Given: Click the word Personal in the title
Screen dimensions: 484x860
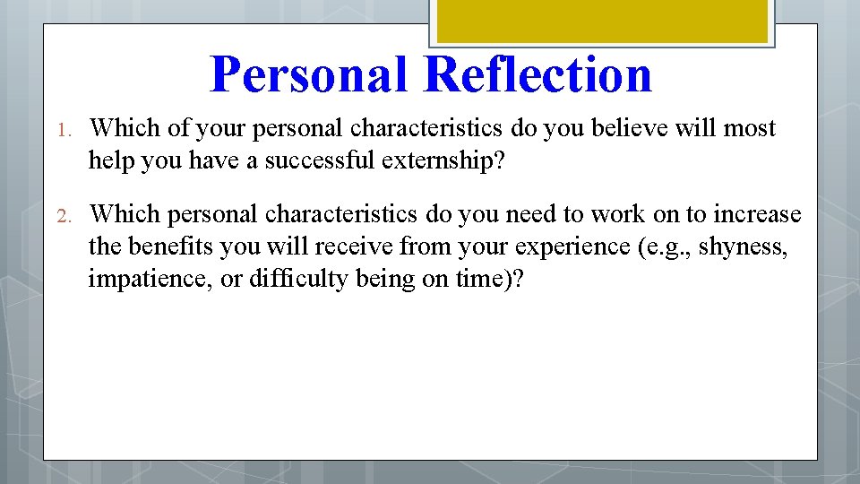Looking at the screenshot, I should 311,74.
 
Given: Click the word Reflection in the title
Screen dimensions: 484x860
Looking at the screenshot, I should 538,74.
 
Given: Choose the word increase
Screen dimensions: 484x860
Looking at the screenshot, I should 757,214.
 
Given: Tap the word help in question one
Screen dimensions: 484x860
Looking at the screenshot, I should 112,160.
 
